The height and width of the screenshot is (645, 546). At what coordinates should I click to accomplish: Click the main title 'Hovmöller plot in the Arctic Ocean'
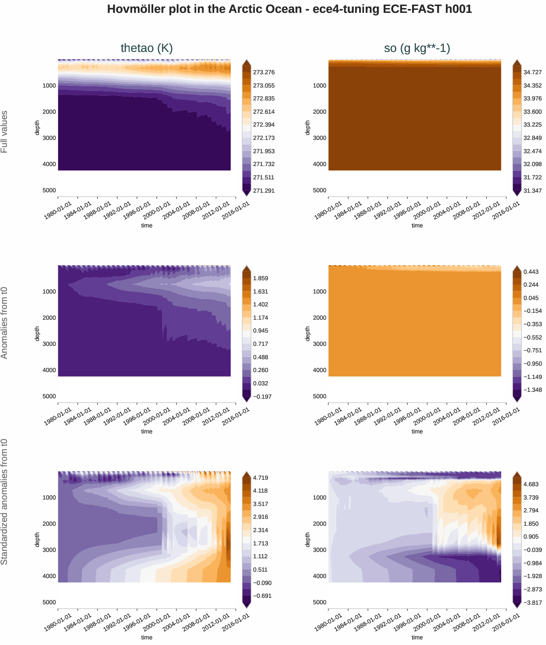(x=289, y=9)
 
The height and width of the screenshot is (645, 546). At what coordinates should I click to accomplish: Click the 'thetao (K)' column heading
(x=147, y=48)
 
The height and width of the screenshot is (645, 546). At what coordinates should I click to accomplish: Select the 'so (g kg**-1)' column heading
(x=417, y=48)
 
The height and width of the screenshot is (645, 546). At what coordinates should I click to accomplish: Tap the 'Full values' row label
(x=4, y=132)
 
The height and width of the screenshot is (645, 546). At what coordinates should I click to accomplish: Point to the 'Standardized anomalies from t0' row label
(x=4, y=502)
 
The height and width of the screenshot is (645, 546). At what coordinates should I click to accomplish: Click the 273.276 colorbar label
(x=264, y=73)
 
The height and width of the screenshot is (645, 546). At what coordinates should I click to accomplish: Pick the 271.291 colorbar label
(x=264, y=191)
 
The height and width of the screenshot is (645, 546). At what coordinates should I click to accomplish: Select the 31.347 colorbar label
(x=532, y=191)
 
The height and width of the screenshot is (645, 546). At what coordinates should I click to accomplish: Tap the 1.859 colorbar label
(x=261, y=278)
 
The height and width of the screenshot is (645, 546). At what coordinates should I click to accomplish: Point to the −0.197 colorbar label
(x=262, y=397)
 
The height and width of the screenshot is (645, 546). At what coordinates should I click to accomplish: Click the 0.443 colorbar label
(x=531, y=272)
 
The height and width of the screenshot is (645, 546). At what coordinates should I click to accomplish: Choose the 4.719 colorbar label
(x=261, y=478)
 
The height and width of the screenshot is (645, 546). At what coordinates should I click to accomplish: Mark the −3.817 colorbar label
(x=532, y=603)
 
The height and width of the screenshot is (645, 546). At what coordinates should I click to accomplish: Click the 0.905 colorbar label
(x=531, y=536)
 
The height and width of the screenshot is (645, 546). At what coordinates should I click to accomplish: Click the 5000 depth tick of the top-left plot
(x=49, y=190)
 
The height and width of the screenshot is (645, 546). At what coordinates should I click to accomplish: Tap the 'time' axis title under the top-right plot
(x=417, y=226)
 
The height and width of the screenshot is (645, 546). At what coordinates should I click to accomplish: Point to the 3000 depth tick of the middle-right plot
(x=320, y=344)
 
